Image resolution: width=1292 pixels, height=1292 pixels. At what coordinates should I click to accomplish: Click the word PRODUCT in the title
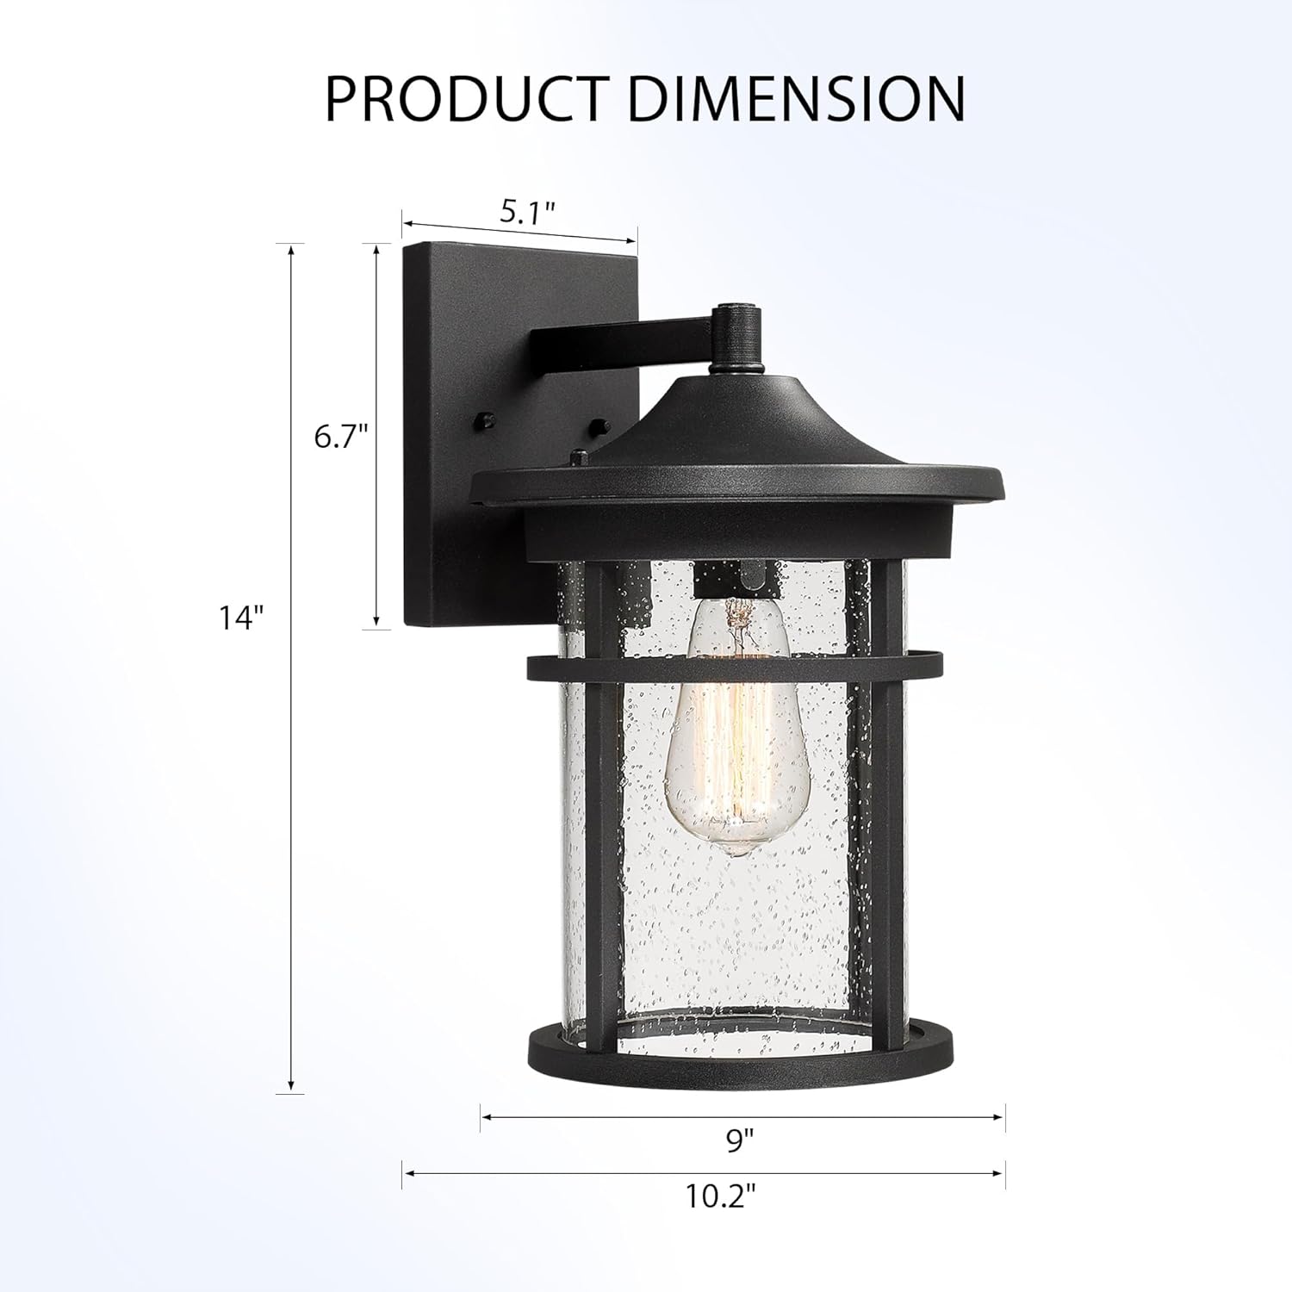click(x=465, y=99)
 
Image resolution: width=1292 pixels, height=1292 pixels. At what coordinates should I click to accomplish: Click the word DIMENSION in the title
click(x=797, y=99)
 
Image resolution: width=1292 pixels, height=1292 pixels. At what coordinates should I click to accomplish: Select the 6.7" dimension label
click(x=341, y=438)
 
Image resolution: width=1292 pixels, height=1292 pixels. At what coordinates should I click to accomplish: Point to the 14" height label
click(x=240, y=618)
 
